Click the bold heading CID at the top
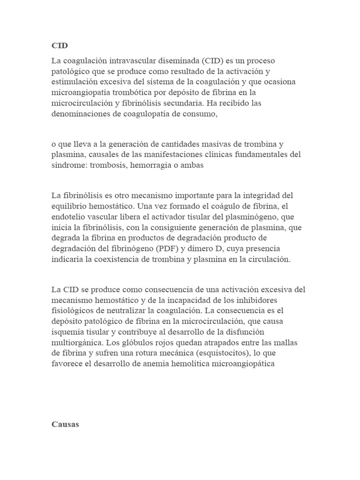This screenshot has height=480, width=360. [x=60, y=46]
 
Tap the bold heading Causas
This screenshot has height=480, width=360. [x=66, y=425]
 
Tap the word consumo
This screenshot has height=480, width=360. [x=202, y=113]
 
